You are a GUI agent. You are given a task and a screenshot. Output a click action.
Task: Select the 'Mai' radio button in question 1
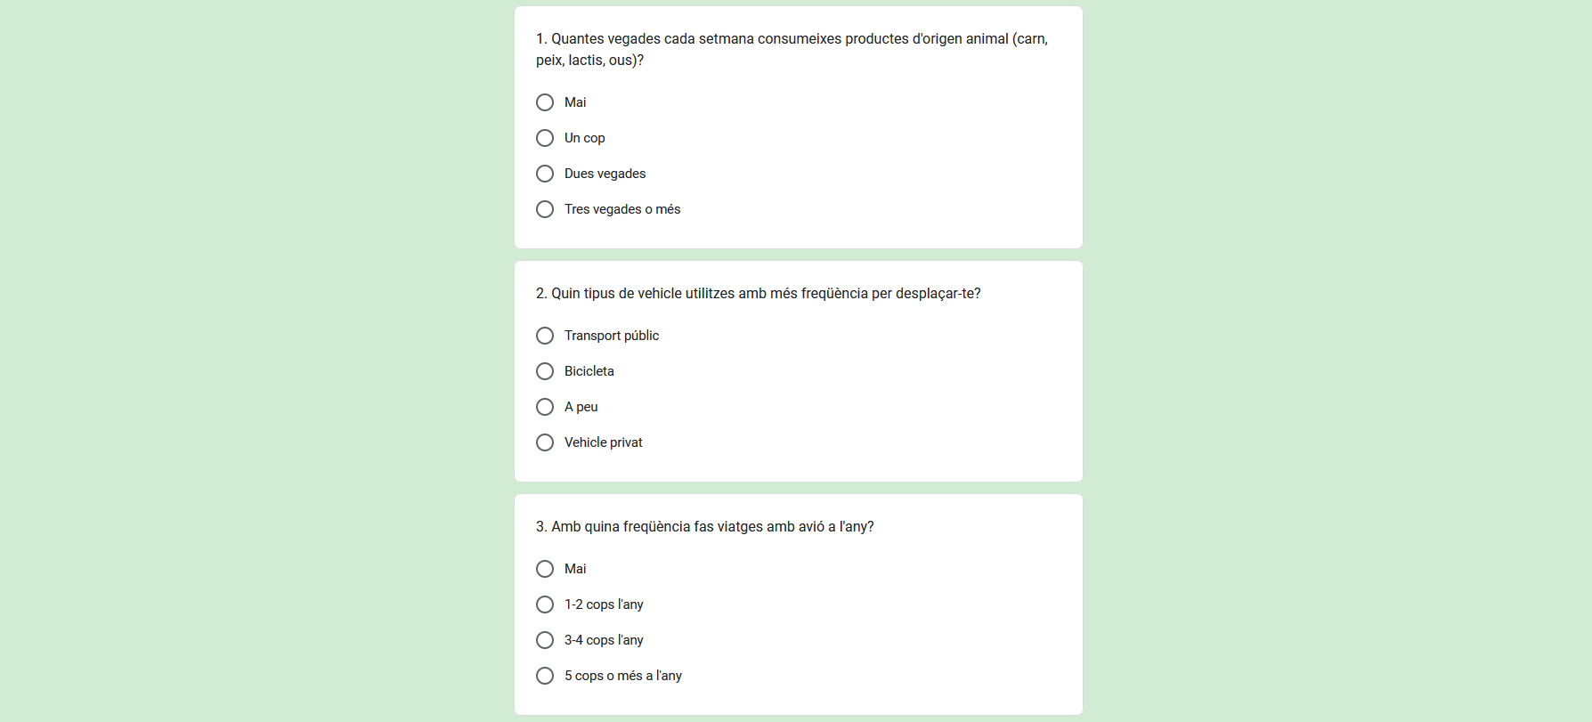click(545, 102)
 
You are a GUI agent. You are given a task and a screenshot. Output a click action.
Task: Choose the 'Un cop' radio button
click(545, 138)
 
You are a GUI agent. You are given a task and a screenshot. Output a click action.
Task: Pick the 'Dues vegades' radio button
click(545, 174)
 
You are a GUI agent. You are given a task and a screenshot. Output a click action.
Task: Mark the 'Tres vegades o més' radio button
click(545, 209)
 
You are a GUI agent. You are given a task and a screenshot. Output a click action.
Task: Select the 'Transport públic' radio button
click(545, 336)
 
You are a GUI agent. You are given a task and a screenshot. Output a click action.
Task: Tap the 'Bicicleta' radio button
click(545, 371)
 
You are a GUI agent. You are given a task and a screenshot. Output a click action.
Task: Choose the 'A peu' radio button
click(545, 407)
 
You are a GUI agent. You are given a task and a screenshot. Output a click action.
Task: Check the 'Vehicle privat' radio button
click(545, 442)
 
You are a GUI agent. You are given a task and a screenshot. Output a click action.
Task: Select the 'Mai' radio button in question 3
click(545, 569)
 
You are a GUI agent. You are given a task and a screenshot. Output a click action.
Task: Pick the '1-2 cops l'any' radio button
click(545, 604)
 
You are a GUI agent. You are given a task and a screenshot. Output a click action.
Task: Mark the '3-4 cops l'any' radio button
click(545, 640)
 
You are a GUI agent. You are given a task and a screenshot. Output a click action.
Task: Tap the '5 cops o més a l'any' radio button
click(545, 676)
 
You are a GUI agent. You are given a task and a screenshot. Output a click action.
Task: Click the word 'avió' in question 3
click(811, 527)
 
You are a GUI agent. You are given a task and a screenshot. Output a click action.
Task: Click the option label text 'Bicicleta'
click(589, 371)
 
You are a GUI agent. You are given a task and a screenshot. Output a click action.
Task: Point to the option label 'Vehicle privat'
click(603, 442)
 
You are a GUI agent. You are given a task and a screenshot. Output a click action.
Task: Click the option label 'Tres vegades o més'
click(621, 209)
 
